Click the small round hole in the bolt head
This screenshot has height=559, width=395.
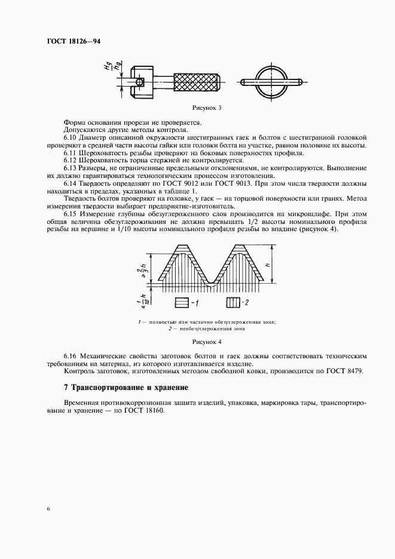[x=140, y=81]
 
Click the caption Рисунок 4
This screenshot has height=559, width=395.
[x=206, y=342]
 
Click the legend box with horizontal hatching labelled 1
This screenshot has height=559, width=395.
[x=182, y=303]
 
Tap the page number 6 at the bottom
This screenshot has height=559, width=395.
[x=47, y=508]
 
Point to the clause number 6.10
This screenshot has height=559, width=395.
[x=71, y=139]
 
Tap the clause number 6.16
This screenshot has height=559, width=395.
[x=71, y=356]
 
